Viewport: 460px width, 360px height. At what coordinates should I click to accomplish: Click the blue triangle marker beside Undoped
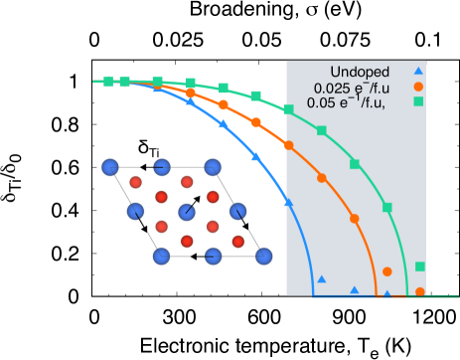(418, 71)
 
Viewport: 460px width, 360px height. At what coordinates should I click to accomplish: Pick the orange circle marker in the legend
(418, 87)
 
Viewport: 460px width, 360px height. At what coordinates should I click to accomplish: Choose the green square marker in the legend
(418, 101)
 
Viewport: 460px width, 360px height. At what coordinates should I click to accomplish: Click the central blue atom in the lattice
(187, 212)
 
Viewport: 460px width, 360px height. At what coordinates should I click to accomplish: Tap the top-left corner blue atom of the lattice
(110, 167)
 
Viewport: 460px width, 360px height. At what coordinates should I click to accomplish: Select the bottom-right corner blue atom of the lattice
(263, 257)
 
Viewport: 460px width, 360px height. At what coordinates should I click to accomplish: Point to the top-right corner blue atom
(212, 167)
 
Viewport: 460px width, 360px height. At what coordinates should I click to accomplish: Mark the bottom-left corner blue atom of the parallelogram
(162, 257)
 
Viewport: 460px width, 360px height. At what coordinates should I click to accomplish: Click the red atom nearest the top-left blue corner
(136, 182)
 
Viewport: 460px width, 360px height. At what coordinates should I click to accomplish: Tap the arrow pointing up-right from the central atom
(194, 203)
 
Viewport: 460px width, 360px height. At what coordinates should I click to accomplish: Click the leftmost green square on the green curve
(108, 82)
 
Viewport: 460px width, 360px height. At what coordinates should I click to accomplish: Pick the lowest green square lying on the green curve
(387, 207)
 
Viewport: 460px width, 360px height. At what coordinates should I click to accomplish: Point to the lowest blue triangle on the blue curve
(288, 202)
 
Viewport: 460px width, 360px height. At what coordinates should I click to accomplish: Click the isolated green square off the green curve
(420, 267)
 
